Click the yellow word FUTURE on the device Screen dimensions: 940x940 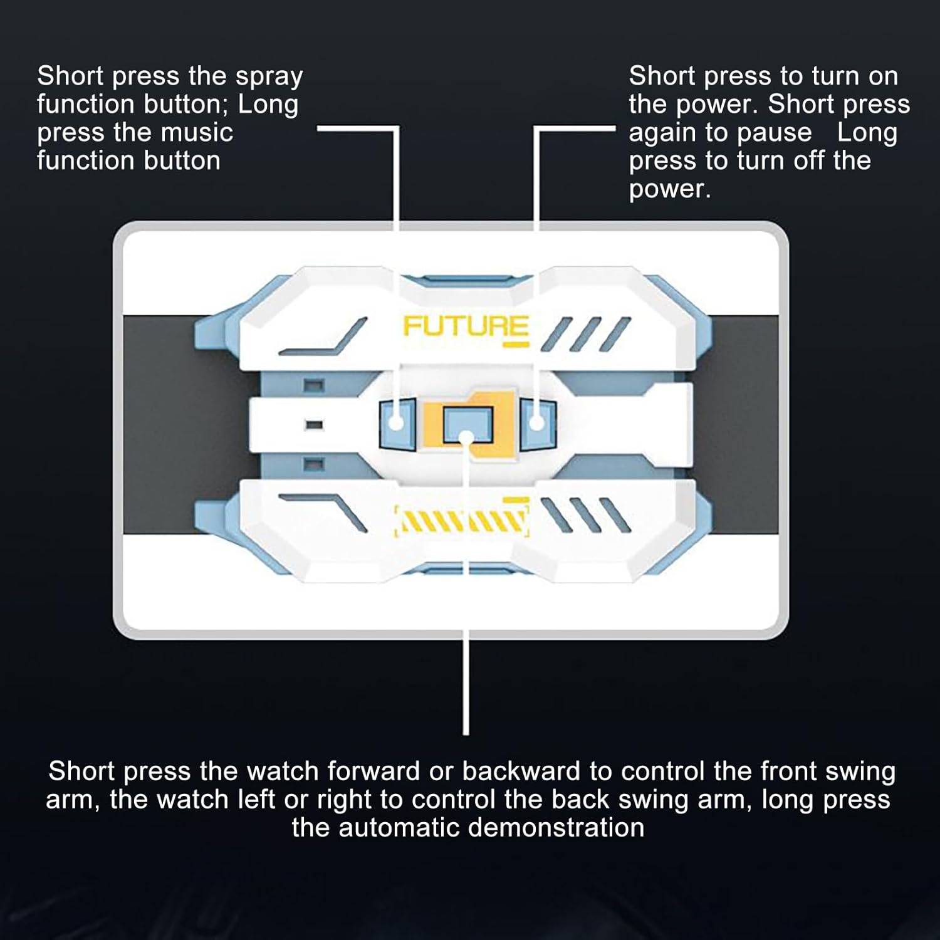pyautogui.click(x=466, y=326)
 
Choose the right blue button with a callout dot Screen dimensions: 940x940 pyautogui.click(x=537, y=422)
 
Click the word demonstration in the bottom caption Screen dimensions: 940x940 pyautogui.click(x=556, y=827)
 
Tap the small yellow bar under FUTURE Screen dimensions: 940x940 pyautogui.click(x=517, y=344)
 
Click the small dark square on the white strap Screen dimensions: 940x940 pyautogui.click(x=314, y=424)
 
